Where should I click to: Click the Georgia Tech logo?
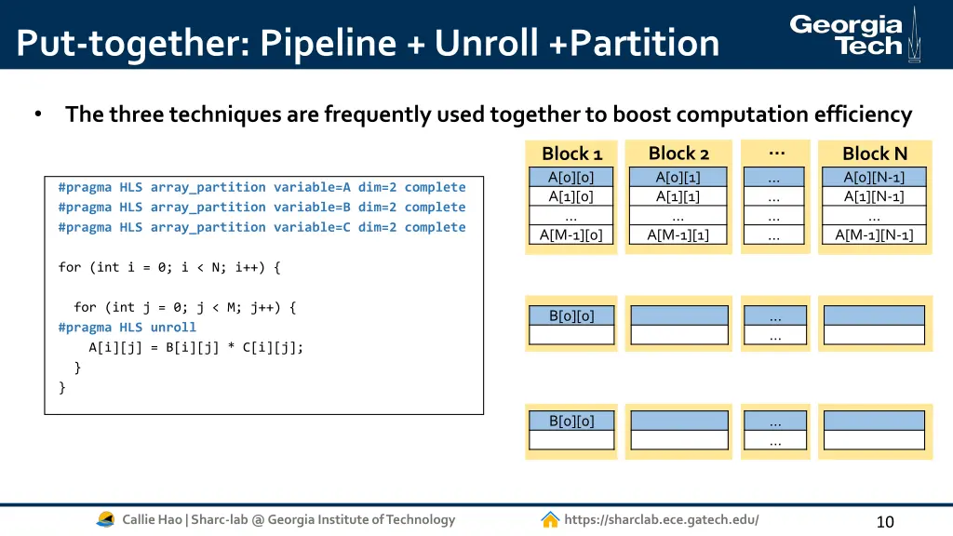852,34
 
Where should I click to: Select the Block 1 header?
571,154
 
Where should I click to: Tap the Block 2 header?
678,154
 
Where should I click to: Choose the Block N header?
874,154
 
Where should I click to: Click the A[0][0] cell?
571,177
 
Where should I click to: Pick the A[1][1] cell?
678,196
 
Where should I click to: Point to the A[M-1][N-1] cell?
874,235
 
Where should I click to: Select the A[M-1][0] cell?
571,235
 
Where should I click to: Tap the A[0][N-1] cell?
874,177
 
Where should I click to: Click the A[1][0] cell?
571,196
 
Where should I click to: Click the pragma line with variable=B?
262,208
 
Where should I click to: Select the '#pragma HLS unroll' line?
127,328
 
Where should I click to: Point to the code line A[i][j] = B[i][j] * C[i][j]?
195,347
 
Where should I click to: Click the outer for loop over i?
168,267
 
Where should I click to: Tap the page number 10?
884,521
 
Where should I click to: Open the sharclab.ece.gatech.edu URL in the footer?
661,519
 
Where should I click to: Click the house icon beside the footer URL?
550,519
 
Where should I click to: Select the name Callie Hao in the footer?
153,519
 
